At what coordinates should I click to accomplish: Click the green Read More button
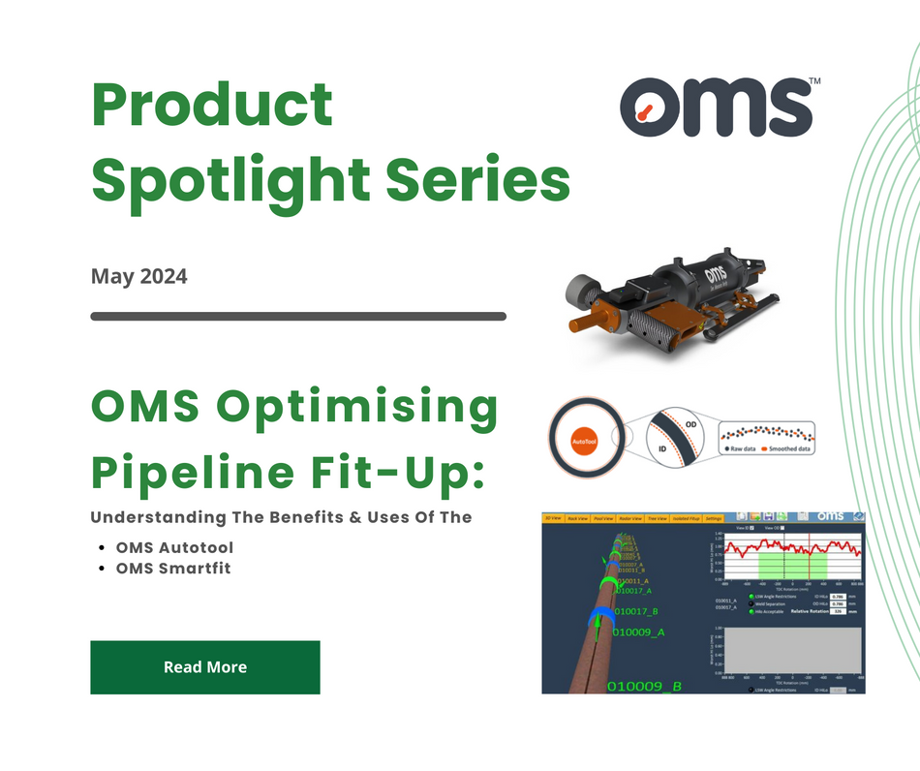[204, 667]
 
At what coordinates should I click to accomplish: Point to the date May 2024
[138, 276]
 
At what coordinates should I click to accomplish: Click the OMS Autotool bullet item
[174, 548]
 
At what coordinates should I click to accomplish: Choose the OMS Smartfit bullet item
[173, 569]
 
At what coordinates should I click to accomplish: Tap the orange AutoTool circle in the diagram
[583, 438]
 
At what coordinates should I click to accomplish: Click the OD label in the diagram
[690, 423]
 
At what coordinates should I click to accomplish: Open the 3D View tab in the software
[553, 519]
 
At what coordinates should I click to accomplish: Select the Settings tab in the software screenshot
[713, 519]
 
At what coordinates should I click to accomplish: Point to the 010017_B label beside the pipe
[635, 611]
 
